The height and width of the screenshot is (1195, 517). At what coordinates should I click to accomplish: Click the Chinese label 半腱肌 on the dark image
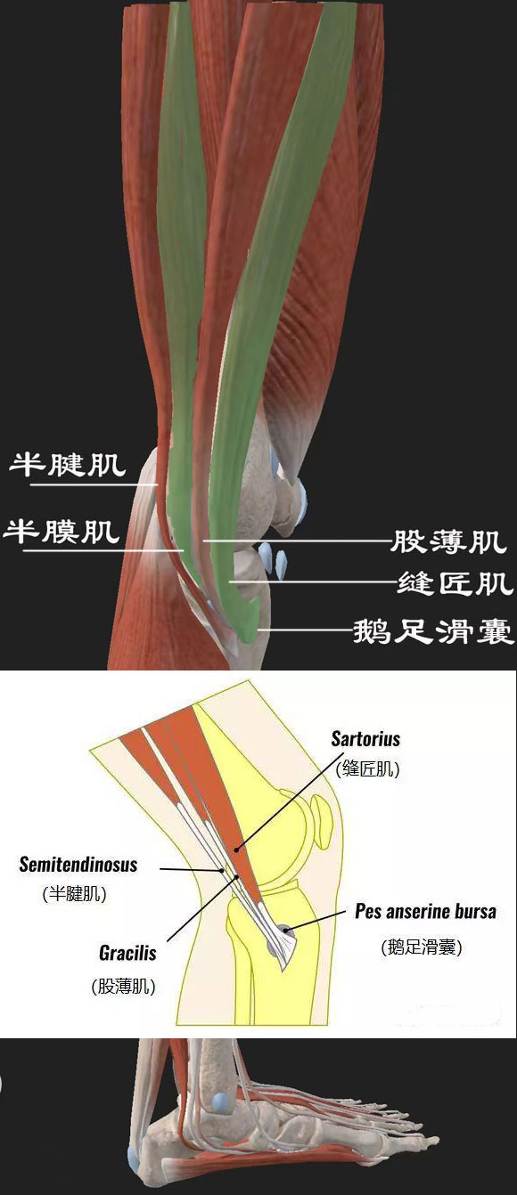point(68,465)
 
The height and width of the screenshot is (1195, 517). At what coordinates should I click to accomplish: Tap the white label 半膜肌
point(62,532)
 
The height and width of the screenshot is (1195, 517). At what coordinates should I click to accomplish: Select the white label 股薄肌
point(447,541)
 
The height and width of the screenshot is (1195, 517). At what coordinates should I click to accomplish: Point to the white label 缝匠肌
point(455,582)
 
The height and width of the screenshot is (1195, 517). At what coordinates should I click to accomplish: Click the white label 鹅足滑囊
point(434,631)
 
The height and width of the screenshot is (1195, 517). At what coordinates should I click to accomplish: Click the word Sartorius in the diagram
point(365,739)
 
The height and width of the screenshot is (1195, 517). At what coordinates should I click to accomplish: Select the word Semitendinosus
point(78,865)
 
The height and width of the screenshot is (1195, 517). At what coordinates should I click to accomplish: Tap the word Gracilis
point(127,952)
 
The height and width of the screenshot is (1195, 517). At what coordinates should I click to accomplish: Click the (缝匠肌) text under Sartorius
point(367,768)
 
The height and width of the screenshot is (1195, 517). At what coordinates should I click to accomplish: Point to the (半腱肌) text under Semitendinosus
point(74,894)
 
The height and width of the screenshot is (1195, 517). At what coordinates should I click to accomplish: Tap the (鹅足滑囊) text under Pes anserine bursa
point(422,947)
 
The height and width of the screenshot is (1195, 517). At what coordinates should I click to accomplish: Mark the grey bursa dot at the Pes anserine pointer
point(286,931)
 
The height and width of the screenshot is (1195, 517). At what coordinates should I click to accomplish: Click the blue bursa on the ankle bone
point(219,1102)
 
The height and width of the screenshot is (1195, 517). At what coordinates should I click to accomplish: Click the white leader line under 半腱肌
point(94,485)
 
